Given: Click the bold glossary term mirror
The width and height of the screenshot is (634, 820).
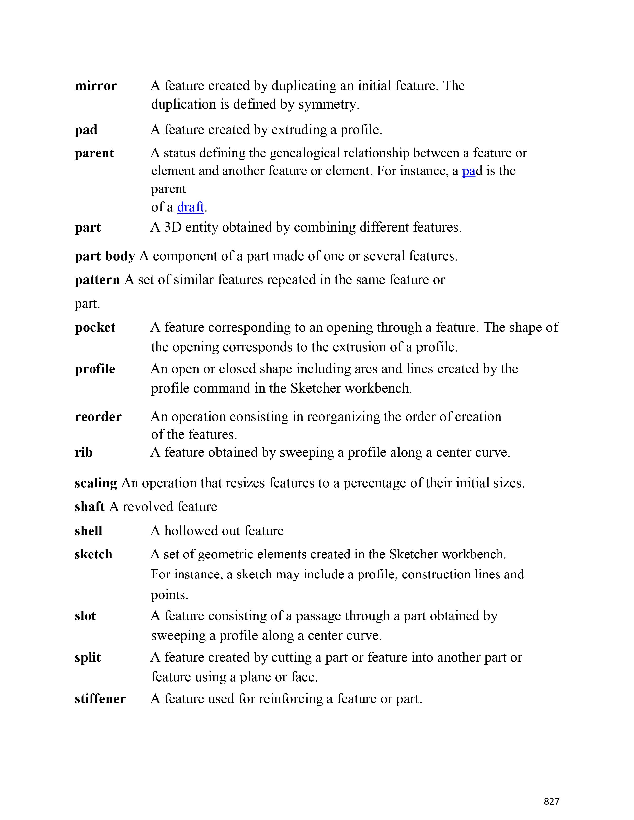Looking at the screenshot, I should coord(95,86).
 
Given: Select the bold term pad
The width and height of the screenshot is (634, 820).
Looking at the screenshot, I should coord(86,130).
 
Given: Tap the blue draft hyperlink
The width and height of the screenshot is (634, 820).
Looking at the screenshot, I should coord(190,207).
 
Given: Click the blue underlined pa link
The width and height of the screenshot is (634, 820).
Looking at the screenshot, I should coord(469,171).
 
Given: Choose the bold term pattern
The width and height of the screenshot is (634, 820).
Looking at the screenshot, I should coord(97,280).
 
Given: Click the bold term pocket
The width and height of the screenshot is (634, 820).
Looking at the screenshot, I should coord(95,328).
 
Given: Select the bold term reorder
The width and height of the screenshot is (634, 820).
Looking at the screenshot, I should coord(98,417).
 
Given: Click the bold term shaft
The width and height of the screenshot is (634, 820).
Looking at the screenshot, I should coord(90,507).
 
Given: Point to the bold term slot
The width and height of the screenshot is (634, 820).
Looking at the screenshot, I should coord(85,616).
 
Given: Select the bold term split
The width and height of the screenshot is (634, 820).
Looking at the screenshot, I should coord(88,657).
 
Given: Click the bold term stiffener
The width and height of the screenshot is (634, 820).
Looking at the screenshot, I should coord(100,699).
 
